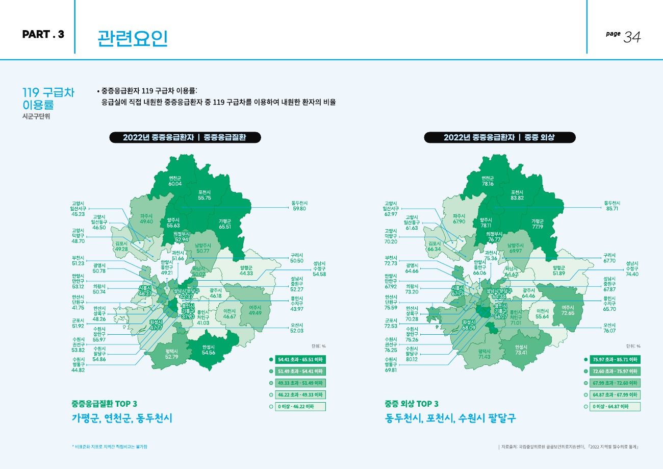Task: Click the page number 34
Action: pyautogui.click(x=632, y=37)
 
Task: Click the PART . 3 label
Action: pyautogui.click(x=43, y=35)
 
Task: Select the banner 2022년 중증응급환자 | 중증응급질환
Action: pyautogui.click(x=185, y=137)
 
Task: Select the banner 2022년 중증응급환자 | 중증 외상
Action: pyautogui.click(x=499, y=137)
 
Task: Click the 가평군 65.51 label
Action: pyautogui.click(x=225, y=224)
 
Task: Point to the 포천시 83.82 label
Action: pyautogui.click(x=517, y=194)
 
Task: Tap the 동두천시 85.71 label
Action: pyautogui.click(x=612, y=206)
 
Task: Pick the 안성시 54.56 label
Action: pyautogui.click(x=209, y=350)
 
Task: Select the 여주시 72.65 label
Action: pyautogui.click(x=568, y=310)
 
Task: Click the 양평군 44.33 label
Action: pyautogui.click(x=246, y=270)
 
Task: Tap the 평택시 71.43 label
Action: pyautogui.click(x=484, y=354)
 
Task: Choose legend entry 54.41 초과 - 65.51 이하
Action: pyautogui.click(x=300, y=359)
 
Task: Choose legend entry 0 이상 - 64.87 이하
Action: pyautogui.click(x=615, y=407)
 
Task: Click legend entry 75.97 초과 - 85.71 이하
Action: pyautogui.click(x=615, y=359)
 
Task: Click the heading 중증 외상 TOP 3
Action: pyautogui.click(x=412, y=404)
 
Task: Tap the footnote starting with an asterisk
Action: pyautogui.click(x=111, y=447)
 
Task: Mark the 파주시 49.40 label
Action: pyautogui.click(x=146, y=219)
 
